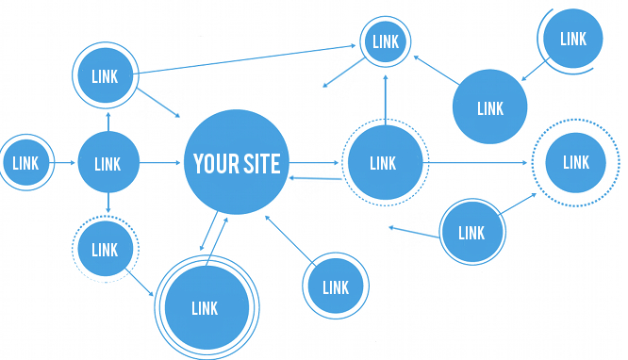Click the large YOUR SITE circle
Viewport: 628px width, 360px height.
pos(237,163)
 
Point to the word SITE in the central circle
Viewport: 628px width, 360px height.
pos(261,163)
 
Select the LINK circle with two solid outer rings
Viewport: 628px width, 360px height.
pos(205,307)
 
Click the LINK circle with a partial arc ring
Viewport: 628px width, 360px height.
pos(572,39)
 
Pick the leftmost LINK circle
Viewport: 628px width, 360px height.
pos(25,163)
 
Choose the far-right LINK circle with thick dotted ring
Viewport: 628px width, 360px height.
pos(575,162)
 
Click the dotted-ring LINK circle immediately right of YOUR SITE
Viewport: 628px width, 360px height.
pos(384,163)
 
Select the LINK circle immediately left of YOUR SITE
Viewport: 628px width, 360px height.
pos(107,164)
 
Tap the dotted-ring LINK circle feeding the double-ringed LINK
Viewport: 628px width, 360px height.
pos(105,250)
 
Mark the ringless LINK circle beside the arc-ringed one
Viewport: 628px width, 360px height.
pos(490,108)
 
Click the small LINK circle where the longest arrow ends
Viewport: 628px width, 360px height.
pos(386,41)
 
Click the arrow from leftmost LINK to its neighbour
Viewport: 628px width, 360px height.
pos(63,163)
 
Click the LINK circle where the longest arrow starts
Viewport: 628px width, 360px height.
pos(106,76)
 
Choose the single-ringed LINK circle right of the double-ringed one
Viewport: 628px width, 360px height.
pos(336,287)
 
